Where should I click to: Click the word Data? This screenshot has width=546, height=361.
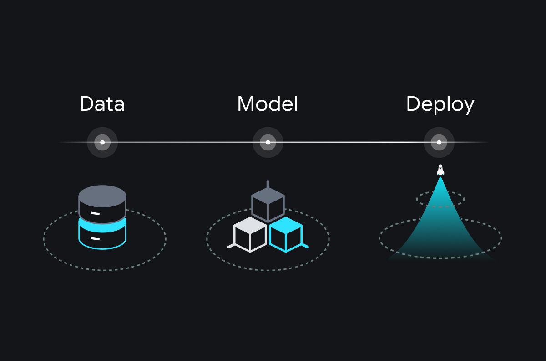pos(102,104)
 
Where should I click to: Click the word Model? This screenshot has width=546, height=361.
pos(268,104)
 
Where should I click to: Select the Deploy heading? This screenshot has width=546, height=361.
pos(440,105)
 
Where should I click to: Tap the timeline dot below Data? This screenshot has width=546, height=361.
pos(102,142)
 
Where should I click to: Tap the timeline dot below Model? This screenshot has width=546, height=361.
pos(268,142)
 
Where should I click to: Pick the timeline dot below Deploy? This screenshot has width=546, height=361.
pos(439,142)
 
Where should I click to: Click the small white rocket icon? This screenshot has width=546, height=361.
pos(440,170)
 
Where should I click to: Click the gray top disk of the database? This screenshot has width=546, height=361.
pos(102,196)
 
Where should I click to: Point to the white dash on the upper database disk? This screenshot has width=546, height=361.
pos(95,213)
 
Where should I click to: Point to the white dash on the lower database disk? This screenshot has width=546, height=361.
pos(95,238)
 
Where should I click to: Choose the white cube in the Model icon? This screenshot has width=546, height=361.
pos(250,234)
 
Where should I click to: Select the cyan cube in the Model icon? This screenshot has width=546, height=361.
pos(286,234)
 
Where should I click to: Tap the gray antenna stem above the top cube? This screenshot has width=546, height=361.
pos(268,185)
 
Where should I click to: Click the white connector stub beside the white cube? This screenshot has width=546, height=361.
pos(231,246)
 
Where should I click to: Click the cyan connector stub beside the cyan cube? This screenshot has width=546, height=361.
pos(305,246)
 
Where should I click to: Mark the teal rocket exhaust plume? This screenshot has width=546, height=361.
pos(440,227)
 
